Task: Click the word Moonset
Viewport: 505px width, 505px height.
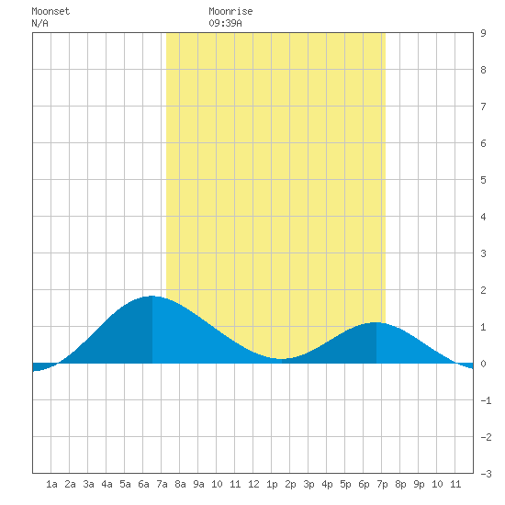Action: click(x=50, y=11)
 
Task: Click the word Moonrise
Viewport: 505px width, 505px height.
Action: click(x=230, y=11)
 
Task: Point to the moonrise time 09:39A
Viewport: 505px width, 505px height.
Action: click(x=225, y=23)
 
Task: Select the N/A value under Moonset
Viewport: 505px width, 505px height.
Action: click(x=39, y=23)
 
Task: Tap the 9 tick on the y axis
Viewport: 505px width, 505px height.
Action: click(x=483, y=33)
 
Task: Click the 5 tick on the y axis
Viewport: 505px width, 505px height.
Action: click(x=483, y=180)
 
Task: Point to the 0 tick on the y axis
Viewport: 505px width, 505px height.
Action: click(x=483, y=364)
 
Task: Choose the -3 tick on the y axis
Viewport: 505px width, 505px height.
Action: click(x=486, y=474)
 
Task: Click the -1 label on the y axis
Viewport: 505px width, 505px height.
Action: click(x=486, y=400)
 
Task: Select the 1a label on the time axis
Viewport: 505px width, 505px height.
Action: click(x=51, y=484)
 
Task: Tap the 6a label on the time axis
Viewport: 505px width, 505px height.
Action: click(x=143, y=484)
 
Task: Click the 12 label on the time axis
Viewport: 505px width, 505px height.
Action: click(x=253, y=484)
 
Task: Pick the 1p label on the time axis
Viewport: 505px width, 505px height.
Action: click(x=272, y=485)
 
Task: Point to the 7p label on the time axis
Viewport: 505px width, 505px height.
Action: click(x=382, y=485)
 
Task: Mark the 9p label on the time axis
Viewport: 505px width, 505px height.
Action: click(x=419, y=485)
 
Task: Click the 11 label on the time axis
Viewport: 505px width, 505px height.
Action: click(x=455, y=484)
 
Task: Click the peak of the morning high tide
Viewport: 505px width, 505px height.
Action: click(x=151, y=296)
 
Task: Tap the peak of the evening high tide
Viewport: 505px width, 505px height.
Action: click(x=376, y=322)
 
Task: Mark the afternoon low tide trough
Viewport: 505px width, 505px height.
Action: click(x=281, y=359)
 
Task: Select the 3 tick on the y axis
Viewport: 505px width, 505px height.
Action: click(x=483, y=253)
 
